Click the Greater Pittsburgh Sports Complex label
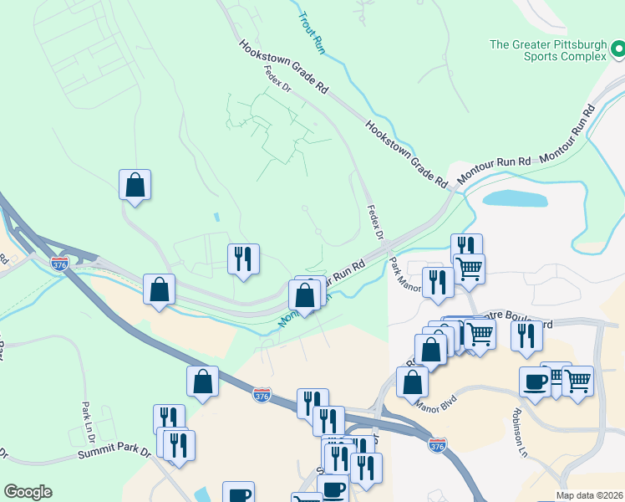coord(547,50)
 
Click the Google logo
coord(28,492)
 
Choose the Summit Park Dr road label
coord(114,453)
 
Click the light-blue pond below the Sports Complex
coord(515,198)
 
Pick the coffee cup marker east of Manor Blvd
coord(535,382)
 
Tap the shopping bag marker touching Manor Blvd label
coord(412,382)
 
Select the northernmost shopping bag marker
coord(135,186)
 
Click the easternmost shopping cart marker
coord(577,381)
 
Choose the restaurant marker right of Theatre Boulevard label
coord(526,334)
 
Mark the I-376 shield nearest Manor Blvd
coord(437,444)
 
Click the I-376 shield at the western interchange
coord(58,264)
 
